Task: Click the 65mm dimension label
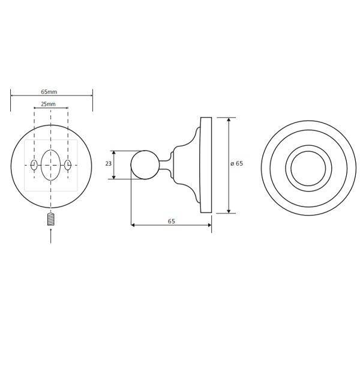[x=49, y=92]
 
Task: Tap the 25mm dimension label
[x=49, y=104]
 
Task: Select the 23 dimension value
[x=109, y=164]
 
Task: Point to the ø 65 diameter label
[x=237, y=163]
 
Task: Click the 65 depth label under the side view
[x=172, y=222]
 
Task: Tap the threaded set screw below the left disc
[x=51, y=220]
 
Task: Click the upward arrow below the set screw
[x=51, y=236]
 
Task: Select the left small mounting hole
[x=34, y=165]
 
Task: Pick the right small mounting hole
[x=68, y=165]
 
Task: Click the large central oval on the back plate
[x=51, y=165]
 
